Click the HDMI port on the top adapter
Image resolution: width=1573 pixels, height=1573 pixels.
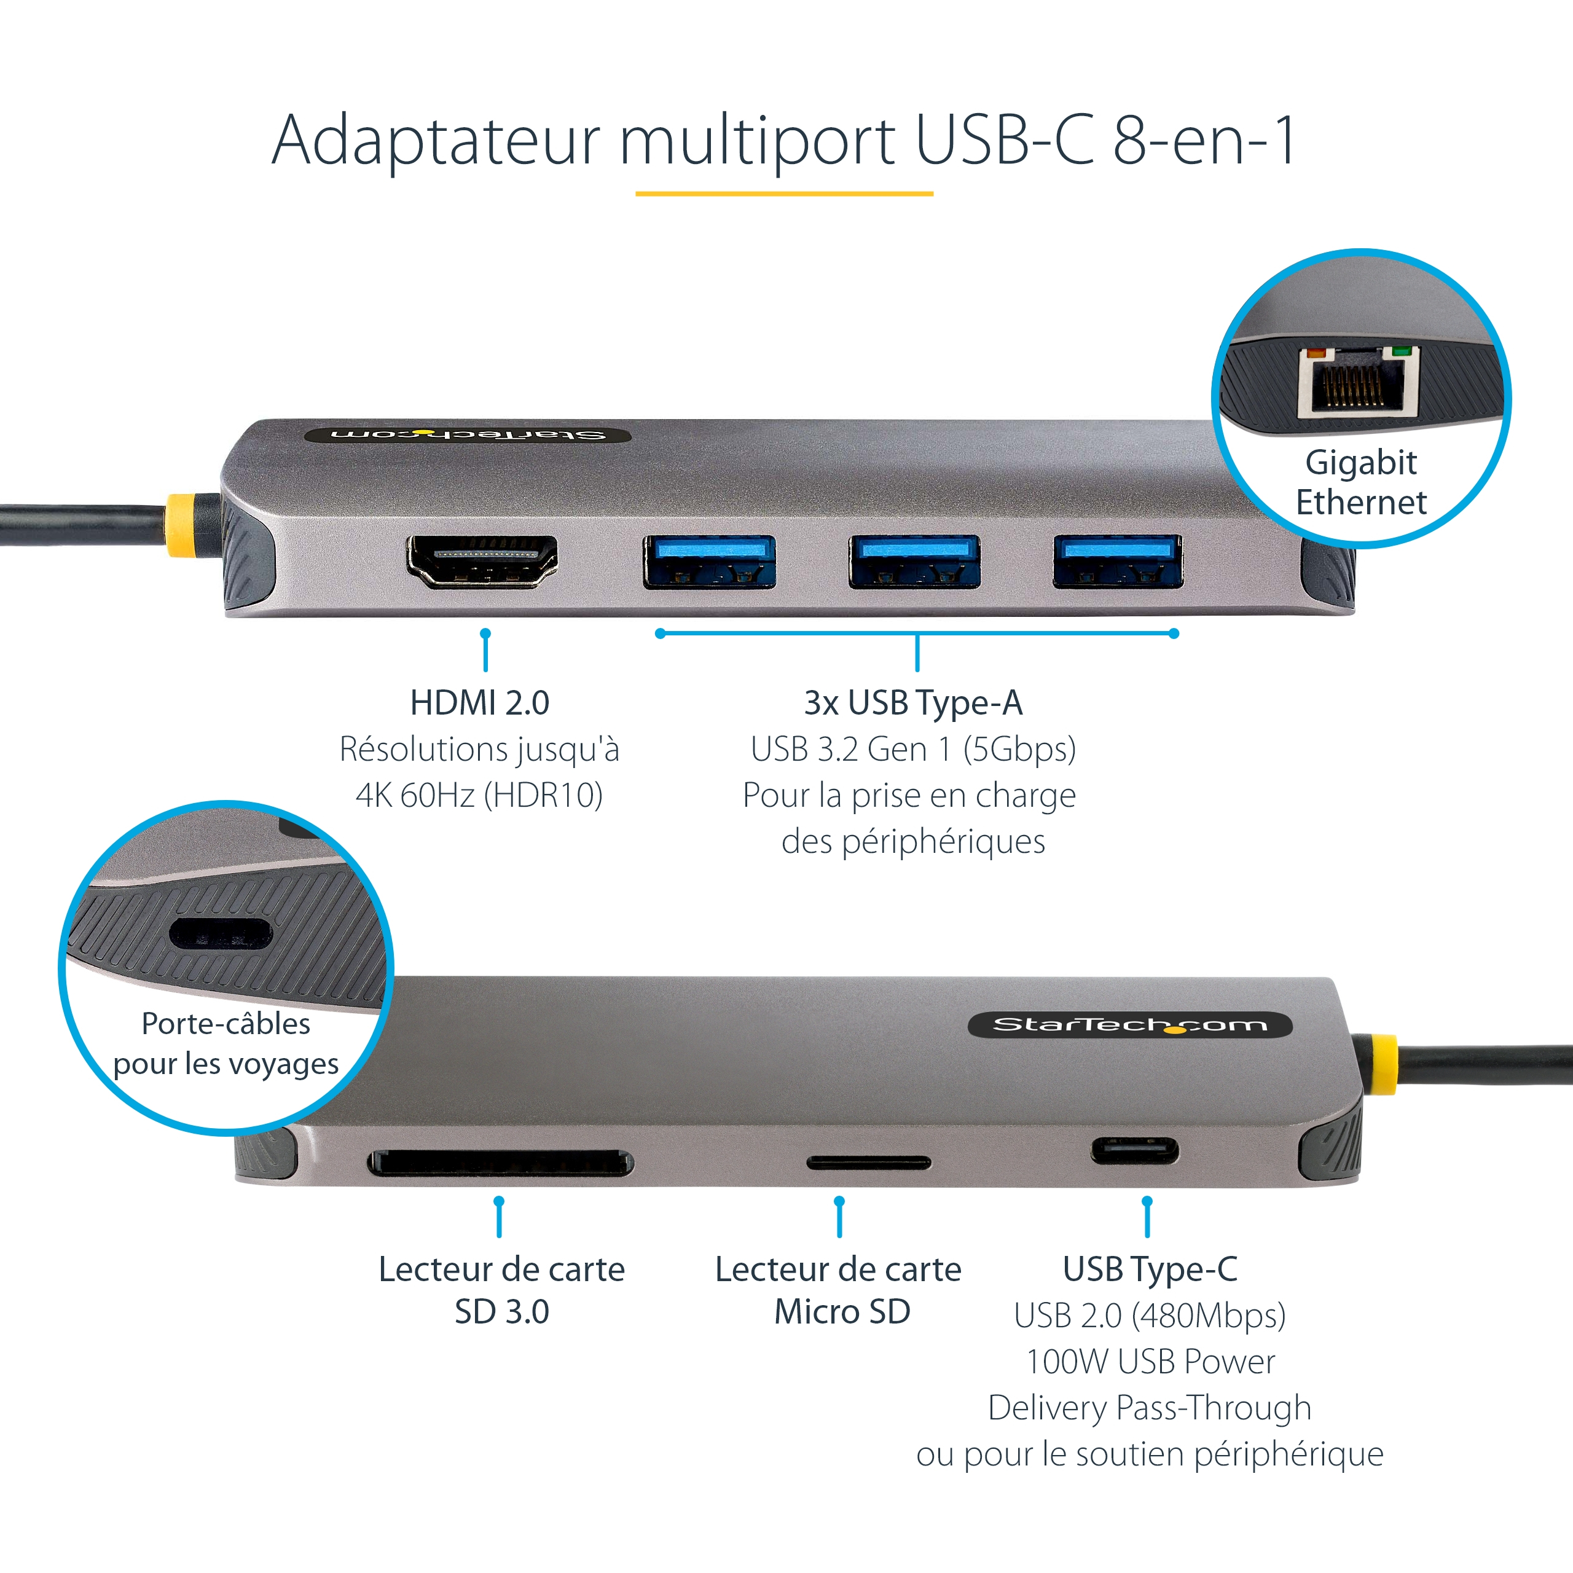coord(482,561)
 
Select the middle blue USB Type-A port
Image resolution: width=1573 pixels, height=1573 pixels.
coord(914,561)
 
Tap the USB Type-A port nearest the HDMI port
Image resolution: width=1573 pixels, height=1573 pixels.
coord(709,561)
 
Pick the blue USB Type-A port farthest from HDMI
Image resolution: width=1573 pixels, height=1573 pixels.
coord(1118,561)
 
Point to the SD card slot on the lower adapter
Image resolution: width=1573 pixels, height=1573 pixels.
coord(501,1163)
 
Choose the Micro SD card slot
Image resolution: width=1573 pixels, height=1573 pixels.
coord(869,1163)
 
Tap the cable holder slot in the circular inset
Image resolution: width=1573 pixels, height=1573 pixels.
coord(221,934)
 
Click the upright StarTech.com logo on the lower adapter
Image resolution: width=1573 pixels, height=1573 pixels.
coord(1130,1025)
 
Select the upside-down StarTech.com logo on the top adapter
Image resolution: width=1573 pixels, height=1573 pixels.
coord(468,434)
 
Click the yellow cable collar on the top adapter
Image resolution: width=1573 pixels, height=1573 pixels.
coord(181,525)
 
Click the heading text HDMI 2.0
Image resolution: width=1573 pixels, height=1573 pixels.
coord(479,703)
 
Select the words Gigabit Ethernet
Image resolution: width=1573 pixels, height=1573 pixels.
coord(1361,482)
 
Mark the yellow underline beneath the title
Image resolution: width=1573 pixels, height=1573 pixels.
coord(784,194)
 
